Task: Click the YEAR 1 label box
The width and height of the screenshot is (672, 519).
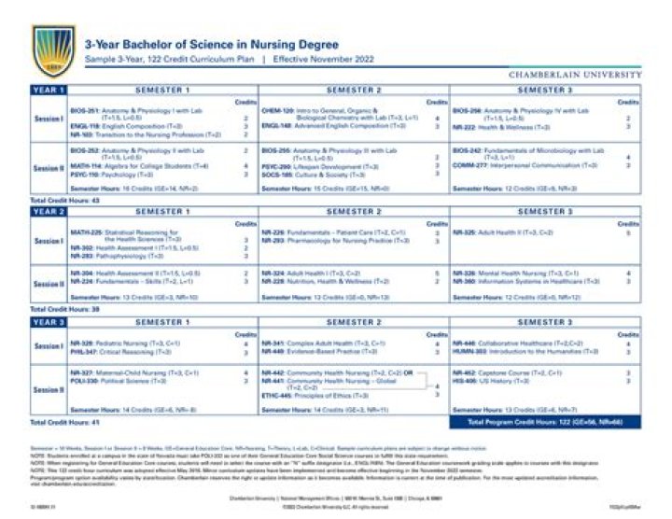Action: coord(49,90)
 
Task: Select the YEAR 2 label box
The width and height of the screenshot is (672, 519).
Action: coord(49,212)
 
